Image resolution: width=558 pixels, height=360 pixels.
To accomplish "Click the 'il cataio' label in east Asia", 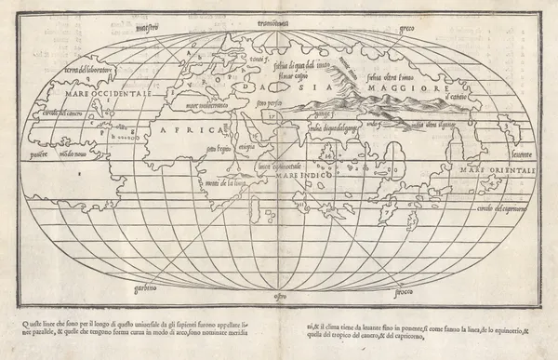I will pyautogui.click(x=460, y=98).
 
